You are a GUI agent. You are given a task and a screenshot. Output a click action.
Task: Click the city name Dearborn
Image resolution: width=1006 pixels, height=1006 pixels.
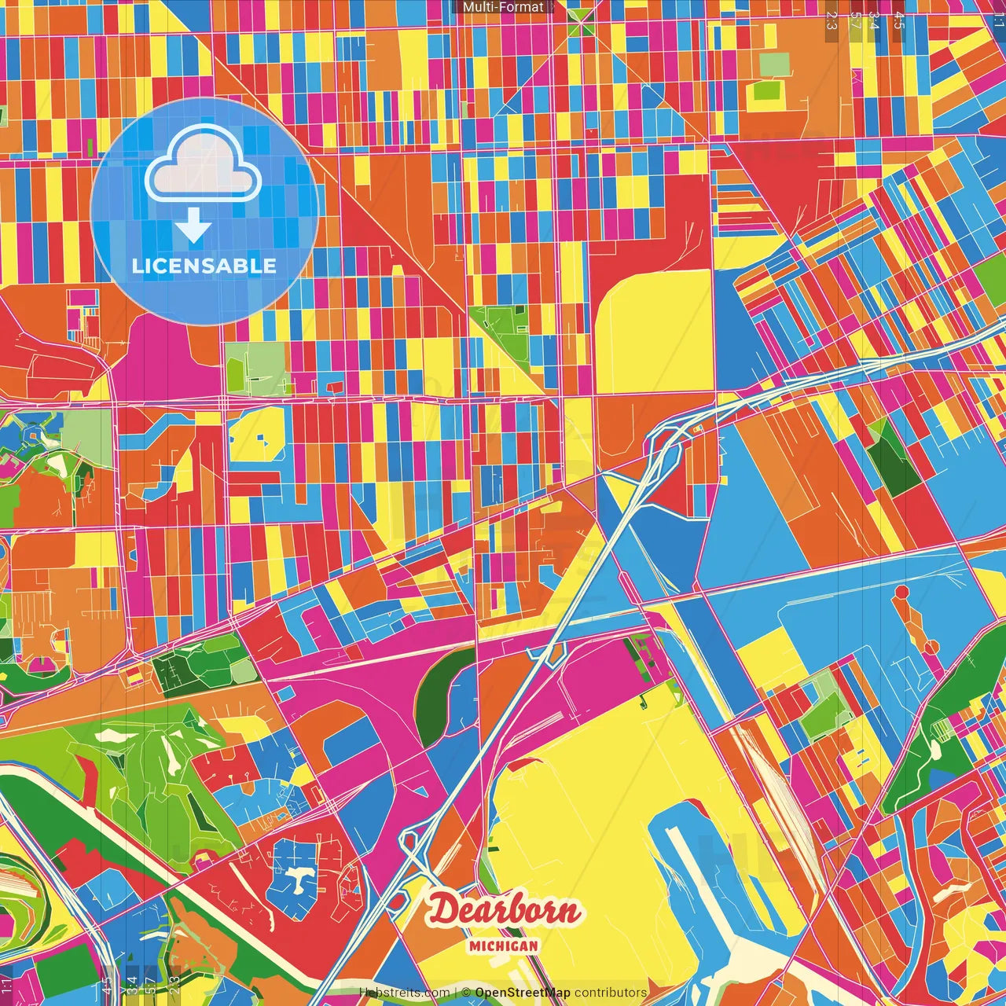[503, 911]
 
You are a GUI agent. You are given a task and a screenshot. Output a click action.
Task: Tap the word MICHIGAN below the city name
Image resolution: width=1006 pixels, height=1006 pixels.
[503, 945]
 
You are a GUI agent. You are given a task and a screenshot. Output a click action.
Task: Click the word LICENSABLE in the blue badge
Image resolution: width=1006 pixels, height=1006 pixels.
[204, 266]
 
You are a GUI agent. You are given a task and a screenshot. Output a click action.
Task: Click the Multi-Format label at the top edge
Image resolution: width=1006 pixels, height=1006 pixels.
[503, 7]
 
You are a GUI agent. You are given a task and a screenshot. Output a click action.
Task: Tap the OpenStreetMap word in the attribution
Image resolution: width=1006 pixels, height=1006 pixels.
[523, 993]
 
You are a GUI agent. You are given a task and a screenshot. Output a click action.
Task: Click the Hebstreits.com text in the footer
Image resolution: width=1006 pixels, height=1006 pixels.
[404, 993]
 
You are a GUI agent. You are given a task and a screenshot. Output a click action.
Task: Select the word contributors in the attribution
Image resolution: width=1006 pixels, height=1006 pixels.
[611, 993]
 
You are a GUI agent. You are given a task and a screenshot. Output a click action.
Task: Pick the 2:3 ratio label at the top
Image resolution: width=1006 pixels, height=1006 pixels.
[832, 20]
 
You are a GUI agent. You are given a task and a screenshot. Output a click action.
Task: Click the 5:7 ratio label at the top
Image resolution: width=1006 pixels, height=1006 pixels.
[854, 20]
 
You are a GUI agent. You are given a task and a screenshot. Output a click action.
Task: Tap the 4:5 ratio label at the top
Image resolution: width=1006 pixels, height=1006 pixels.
[899, 20]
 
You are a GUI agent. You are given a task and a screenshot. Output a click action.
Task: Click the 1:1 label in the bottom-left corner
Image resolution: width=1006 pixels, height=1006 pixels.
[7, 986]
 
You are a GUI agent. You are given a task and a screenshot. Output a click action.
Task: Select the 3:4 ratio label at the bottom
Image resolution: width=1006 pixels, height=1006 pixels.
[132, 985]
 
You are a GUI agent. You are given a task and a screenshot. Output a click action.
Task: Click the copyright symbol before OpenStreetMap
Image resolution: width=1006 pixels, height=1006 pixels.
[466, 993]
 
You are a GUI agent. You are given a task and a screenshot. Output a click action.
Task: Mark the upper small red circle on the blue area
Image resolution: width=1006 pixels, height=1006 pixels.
[901, 592]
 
